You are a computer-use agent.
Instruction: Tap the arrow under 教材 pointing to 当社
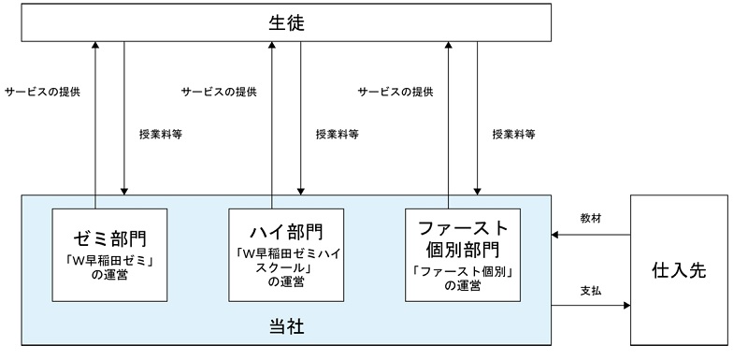[x=590, y=235]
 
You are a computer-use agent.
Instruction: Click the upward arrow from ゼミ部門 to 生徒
[x=95, y=122]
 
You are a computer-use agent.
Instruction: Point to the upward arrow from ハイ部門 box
[x=272, y=122]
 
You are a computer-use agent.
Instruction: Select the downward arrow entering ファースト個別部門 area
[x=477, y=122]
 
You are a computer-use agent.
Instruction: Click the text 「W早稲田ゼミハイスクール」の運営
[x=286, y=267]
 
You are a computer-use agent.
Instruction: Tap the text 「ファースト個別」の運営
[x=463, y=278]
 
